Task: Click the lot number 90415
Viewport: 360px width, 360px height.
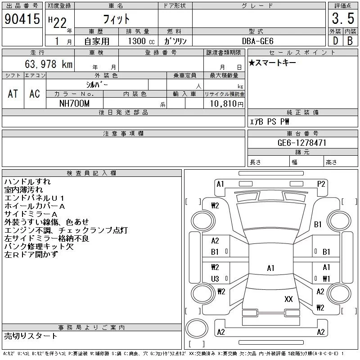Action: tap(22, 19)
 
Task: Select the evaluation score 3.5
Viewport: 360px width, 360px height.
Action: tap(342, 18)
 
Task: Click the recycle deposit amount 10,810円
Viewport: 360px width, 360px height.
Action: tap(224, 104)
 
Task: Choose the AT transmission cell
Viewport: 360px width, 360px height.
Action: tap(13, 94)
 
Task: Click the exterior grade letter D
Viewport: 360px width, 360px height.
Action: tap(335, 41)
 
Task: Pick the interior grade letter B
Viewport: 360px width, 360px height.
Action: tap(350, 41)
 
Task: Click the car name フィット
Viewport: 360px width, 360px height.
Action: tap(116, 19)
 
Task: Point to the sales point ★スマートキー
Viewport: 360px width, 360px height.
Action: tap(272, 63)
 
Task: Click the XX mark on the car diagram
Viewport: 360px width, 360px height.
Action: tap(288, 299)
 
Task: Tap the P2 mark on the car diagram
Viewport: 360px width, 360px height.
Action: tap(321, 184)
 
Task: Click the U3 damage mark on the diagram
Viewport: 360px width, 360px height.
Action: tap(215, 279)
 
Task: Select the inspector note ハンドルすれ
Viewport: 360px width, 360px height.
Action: tap(27, 182)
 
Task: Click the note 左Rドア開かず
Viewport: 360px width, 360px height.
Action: tap(31, 255)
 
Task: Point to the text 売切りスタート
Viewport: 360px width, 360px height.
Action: tap(31, 336)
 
